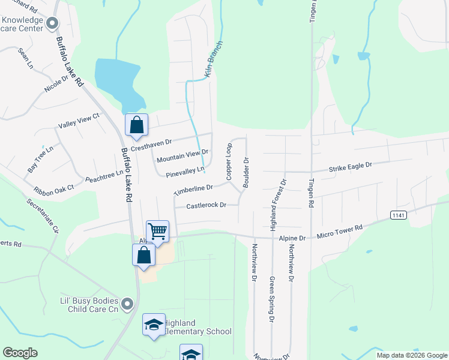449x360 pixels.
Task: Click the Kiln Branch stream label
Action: click(x=214, y=59)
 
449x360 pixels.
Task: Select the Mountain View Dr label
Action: click(x=182, y=156)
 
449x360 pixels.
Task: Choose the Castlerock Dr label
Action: click(x=206, y=205)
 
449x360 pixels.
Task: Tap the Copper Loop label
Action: click(x=229, y=161)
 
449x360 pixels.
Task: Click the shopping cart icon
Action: click(x=157, y=230)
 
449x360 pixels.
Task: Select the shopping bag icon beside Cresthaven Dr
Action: click(x=137, y=125)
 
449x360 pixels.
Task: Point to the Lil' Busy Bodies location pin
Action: click(x=127, y=305)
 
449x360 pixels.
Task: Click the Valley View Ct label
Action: click(x=78, y=121)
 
